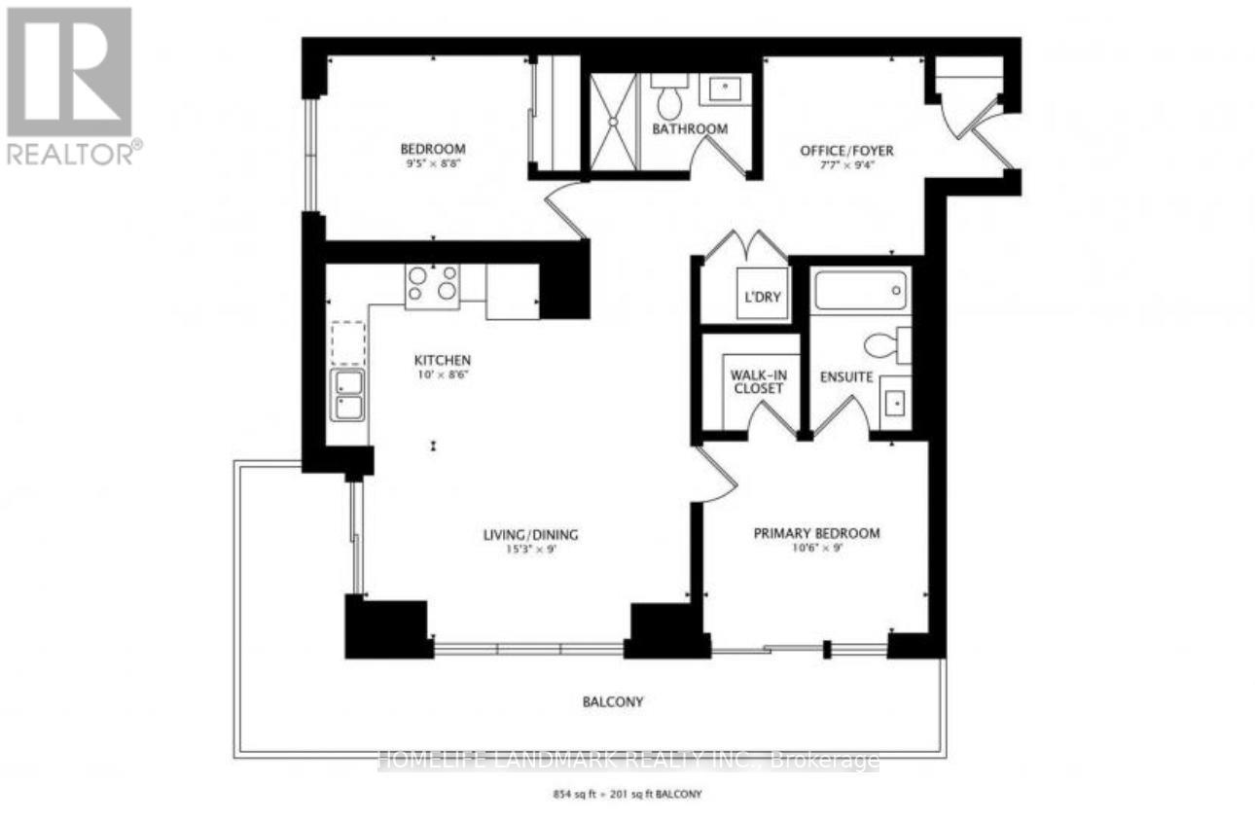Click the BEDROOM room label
[433, 149]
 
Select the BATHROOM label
[690, 128]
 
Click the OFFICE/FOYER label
[846, 151]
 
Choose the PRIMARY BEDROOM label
[817, 533]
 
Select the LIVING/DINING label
[531, 534]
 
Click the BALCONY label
[615, 701]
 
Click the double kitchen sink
[347, 395]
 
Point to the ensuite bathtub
[860, 290]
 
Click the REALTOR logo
[70, 86]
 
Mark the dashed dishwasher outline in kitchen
[347, 341]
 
